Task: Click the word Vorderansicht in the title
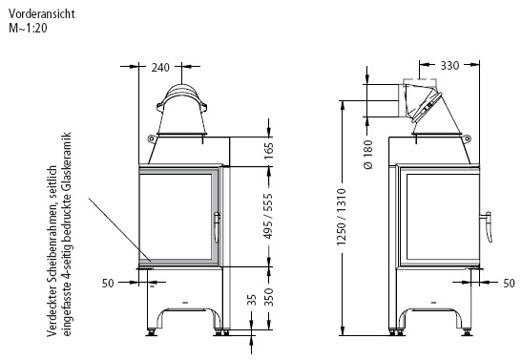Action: coord(42,14)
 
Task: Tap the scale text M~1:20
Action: coord(28,28)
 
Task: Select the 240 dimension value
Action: coord(160,68)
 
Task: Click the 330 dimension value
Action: coord(449,66)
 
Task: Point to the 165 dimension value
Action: coord(268,151)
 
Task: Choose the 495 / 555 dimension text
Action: coord(268,217)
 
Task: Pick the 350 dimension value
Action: coord(268,297)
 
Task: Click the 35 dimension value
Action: coord(252,300)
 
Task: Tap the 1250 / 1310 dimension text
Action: coord(342,217)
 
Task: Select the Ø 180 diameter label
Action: coord(368,155)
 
